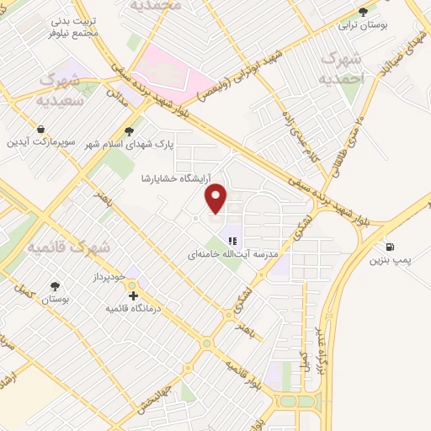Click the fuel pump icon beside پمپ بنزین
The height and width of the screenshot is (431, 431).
click(391, 247)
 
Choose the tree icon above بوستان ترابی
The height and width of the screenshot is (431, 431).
click(363, 12)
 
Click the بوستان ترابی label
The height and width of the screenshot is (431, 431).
click(363, 26)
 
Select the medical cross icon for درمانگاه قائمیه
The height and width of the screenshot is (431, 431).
click(133, 295)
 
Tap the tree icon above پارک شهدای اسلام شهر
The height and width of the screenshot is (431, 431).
click(128, 130)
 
